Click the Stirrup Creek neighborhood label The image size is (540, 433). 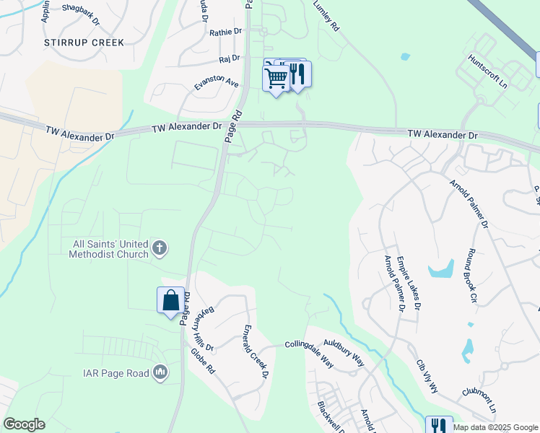tap(84, 43)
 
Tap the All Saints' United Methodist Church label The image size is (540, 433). tap(110, 249)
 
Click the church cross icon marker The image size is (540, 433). tap(160, 250)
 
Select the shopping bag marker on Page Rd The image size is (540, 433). tap(170, 299)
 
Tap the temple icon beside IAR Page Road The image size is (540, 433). tap(160, 373)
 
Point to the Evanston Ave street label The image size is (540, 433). tap(216, 84)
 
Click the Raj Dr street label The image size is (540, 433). tap(229, 63)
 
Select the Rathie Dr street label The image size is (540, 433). tap(226, 32)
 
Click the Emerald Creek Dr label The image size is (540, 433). tap(256, 351)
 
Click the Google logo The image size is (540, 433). tap(24, 424)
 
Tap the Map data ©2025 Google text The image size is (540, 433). tap(495, 427)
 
